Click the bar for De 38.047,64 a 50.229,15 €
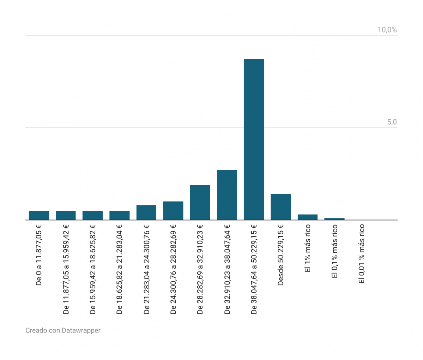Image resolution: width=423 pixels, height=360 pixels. [254, 139]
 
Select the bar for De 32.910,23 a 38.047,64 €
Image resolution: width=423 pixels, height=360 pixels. [227, 195]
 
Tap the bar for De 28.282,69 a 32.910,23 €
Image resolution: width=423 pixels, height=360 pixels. [200, 202]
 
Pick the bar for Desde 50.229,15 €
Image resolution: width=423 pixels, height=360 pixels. [281, 207]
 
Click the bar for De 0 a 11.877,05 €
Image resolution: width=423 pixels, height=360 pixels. [39, 215]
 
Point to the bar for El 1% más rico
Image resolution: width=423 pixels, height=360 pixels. [308, 217]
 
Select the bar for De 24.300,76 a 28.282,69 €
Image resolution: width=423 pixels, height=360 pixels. [173, 211]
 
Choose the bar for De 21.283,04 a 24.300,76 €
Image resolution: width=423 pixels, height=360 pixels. [146, 212]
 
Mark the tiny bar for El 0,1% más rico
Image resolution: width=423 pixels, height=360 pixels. [334, 219]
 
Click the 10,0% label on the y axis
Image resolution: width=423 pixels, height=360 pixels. [387, 30]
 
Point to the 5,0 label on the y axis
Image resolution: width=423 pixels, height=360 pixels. [392, 122]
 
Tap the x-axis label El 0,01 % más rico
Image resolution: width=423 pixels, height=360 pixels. [361, 254]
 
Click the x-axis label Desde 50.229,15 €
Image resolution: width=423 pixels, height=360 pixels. [281, 255]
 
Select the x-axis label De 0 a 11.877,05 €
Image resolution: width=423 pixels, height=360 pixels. [39, 255]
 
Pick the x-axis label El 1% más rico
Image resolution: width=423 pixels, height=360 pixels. [308, 248]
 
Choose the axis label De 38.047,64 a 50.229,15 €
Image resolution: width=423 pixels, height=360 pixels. [254, 269]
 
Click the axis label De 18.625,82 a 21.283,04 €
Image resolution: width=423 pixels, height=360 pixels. [119, 269]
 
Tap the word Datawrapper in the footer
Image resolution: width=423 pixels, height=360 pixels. [81, 330]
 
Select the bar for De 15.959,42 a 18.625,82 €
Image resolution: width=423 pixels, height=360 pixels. [92, 215]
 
